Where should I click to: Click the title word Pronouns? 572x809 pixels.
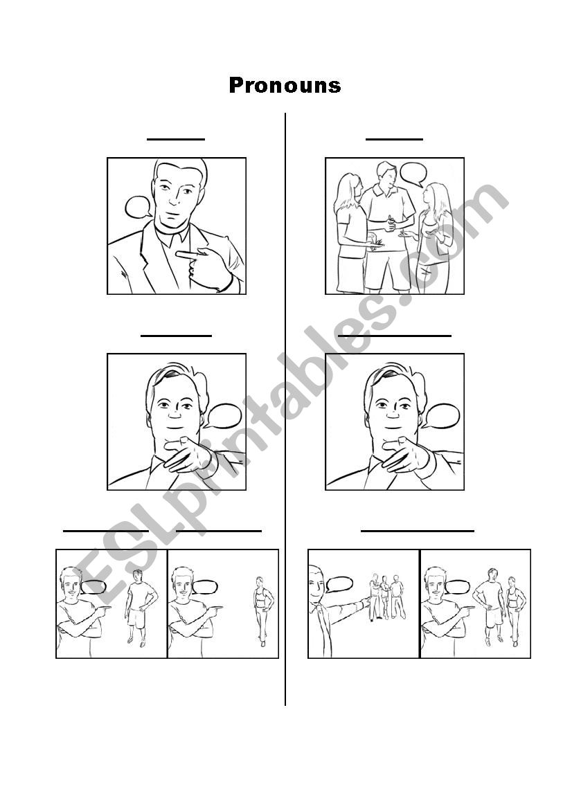(285, 86)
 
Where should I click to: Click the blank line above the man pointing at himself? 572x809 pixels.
(176, 139)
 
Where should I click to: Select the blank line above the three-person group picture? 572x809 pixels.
(395, 139)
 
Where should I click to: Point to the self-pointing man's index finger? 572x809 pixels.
(188, 254)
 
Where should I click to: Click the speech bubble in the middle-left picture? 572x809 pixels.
(222, 417)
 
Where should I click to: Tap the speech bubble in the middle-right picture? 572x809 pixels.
(440, 417)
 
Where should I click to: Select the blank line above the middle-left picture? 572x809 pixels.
(176, 336)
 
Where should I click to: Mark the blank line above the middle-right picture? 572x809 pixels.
(395, 336)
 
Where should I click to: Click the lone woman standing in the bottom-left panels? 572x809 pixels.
(263, 611)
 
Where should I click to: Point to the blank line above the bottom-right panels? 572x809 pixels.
(417, 530)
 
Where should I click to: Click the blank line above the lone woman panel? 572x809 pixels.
(218, 530)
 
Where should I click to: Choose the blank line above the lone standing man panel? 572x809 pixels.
(106, 530)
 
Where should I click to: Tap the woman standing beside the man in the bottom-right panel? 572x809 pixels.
(514, 611)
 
